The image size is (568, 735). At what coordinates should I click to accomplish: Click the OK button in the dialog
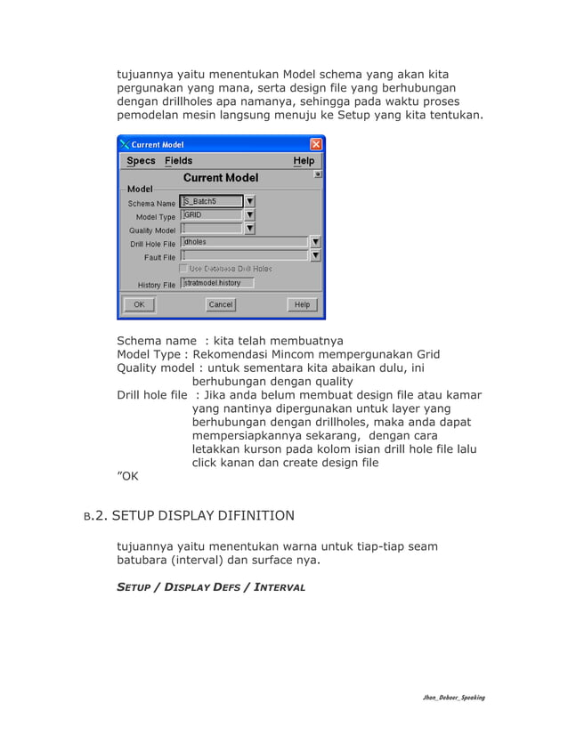pos(139,304)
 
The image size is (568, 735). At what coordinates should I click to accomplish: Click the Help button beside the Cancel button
pos(302,304)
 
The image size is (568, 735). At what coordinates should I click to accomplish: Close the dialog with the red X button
pos(316,144)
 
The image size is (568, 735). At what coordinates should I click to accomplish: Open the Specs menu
pos(141,161)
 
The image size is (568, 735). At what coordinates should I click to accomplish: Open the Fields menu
pos(178,161)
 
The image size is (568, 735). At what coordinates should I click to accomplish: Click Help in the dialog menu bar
pos(304,161)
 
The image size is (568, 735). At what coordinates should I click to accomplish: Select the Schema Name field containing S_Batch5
pos(211,201)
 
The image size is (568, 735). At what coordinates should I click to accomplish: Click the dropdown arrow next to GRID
pos(250,214)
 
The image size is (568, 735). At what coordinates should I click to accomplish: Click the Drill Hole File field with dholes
pos(244,241)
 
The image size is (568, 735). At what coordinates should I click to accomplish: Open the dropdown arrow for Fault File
pos(315,255)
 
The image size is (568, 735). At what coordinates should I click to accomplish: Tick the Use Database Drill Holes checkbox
pos(184,268)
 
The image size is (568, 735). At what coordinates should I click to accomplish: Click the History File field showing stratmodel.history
pos(217,283)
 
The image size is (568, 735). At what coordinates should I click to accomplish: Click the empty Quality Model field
pos(211,229)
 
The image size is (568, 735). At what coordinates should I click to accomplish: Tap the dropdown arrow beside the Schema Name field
pos(250,201)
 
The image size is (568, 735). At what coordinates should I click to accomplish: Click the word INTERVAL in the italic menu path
pos(278,587)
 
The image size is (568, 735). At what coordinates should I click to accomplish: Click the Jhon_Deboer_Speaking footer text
pos(453,698)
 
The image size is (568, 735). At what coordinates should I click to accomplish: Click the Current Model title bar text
pos(158,144)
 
